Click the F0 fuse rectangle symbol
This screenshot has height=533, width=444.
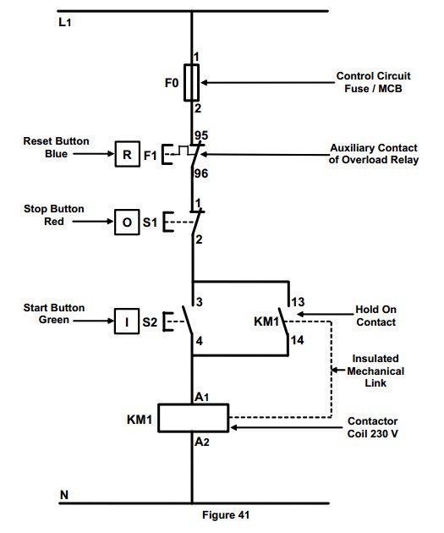(191, 83)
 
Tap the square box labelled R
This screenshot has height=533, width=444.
(128, 154)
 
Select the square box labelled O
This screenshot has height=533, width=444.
(127, 222)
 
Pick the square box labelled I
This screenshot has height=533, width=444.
(127, 321)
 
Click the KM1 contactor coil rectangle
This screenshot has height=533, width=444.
(194, 418)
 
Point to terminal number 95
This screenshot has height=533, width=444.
(201, 135)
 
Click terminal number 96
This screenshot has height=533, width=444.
(201, 173)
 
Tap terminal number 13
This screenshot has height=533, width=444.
(298, 302)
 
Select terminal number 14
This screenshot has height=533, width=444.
(297, 340)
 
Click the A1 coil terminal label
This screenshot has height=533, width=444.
(202, 397)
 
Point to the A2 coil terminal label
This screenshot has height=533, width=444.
(202, 442)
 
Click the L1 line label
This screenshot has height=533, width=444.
(64, 22)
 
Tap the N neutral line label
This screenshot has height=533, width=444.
(64, 495)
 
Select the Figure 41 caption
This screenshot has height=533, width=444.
(226, 514)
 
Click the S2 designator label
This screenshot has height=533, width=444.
(150, 321)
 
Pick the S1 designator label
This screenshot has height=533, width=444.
(150, 223)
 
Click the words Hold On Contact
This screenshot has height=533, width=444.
(375, 316)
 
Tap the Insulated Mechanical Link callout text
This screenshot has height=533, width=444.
(375, 371)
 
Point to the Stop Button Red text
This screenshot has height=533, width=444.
(53, 215)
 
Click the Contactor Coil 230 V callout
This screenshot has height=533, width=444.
(372, 427)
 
